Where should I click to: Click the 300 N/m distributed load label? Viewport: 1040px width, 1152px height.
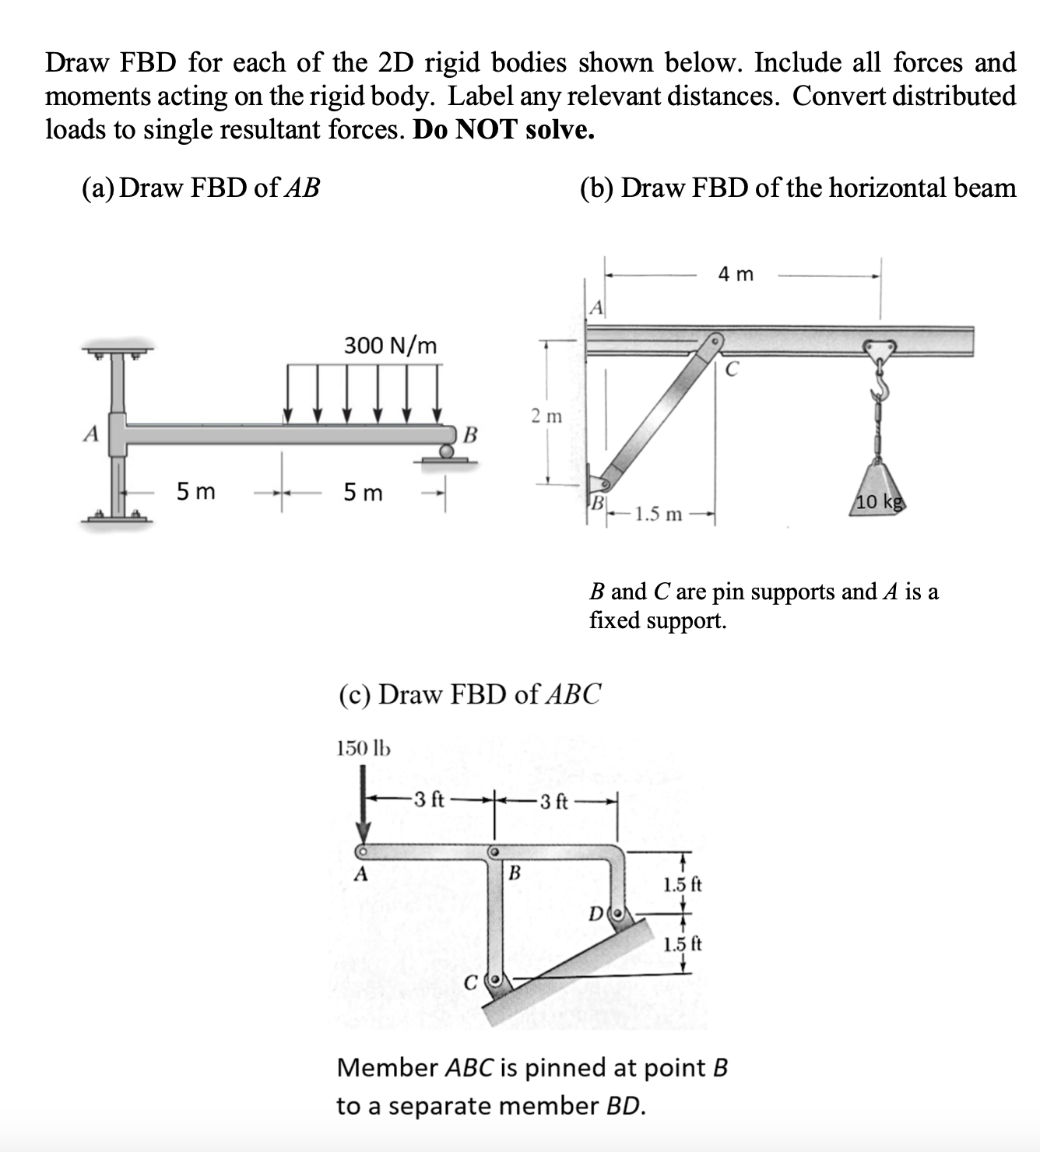click(x=391, y=345)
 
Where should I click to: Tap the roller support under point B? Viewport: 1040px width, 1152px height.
click(x=446, y=451)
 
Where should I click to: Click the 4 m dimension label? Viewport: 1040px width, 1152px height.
click(x=736, y=274)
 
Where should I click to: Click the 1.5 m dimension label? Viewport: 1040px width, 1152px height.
click(x=659, y=515)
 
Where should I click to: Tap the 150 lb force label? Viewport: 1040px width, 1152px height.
click(x=363, y=748)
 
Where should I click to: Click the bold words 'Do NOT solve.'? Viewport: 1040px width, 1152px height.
click(x=504, y=129)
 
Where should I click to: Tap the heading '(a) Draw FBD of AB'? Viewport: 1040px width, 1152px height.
click(x=201, y=188)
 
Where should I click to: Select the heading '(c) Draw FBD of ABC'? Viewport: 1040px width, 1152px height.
click(x=469, y=693)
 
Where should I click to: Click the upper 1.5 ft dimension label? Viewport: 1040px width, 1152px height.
click(x=682, y=884)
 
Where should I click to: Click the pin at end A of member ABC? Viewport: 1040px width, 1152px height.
click(x=362, y=851)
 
